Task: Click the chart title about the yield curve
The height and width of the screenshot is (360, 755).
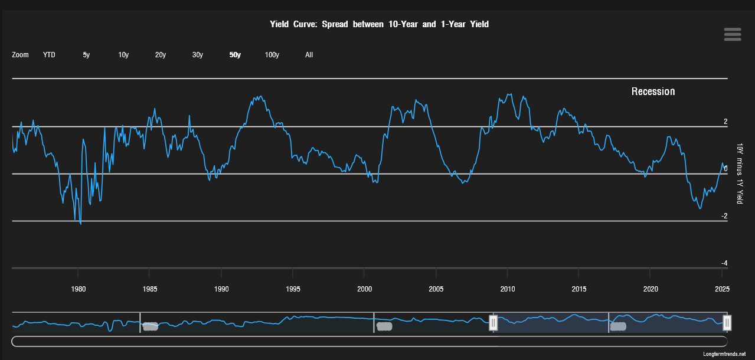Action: point(379,24)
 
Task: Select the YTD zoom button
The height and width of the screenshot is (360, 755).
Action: point(49,55)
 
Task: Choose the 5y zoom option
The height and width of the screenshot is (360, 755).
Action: point(86,55)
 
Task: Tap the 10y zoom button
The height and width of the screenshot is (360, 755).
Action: point(123,55)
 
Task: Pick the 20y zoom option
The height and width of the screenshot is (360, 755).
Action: point(161,55)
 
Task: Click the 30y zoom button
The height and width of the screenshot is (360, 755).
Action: point(198,55)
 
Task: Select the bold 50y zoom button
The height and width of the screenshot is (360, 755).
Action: point(235,55)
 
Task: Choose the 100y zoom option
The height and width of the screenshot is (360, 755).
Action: point(272,55)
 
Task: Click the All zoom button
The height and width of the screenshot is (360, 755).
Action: point(309,55)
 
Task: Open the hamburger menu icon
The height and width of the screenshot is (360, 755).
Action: point(733,34)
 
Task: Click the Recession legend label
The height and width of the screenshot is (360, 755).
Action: point(653,91)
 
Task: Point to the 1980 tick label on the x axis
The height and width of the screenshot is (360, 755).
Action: point(78,289)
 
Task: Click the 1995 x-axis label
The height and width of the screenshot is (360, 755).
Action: point(293,289)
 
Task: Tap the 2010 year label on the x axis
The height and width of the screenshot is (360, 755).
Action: point(508,289)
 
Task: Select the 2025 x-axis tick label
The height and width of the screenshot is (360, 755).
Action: point(723,289)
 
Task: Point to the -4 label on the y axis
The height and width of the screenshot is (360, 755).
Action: point(724,263)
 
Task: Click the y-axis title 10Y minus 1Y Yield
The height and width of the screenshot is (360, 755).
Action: point(740,174)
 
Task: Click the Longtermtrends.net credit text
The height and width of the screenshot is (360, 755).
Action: point(724,354)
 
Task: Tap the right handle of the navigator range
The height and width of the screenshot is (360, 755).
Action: point(727,323)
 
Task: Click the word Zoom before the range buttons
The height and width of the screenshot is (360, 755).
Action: point(20,55)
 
